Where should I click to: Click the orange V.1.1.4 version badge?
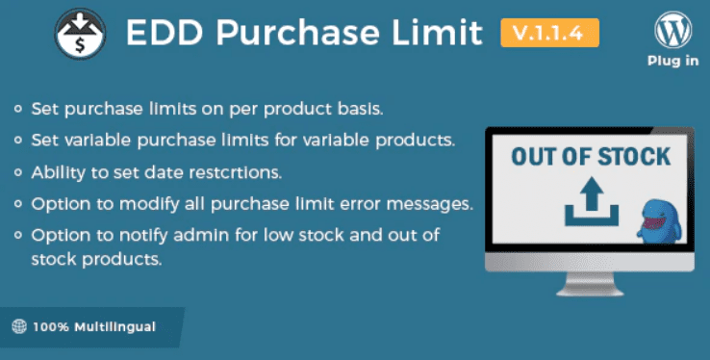pos(549,34)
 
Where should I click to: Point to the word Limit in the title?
pos(438,34)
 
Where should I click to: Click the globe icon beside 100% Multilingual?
pos(21,326)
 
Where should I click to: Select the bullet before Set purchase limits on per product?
pos(19,106)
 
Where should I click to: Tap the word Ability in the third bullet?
pos(56,173)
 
